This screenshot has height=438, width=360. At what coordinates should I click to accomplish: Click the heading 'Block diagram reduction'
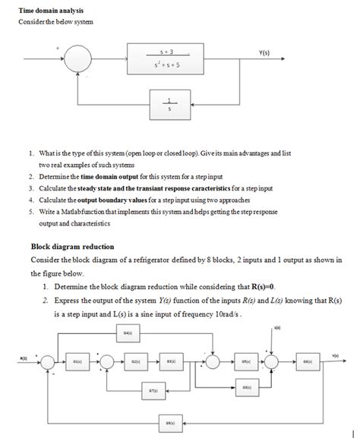point(71,247)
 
